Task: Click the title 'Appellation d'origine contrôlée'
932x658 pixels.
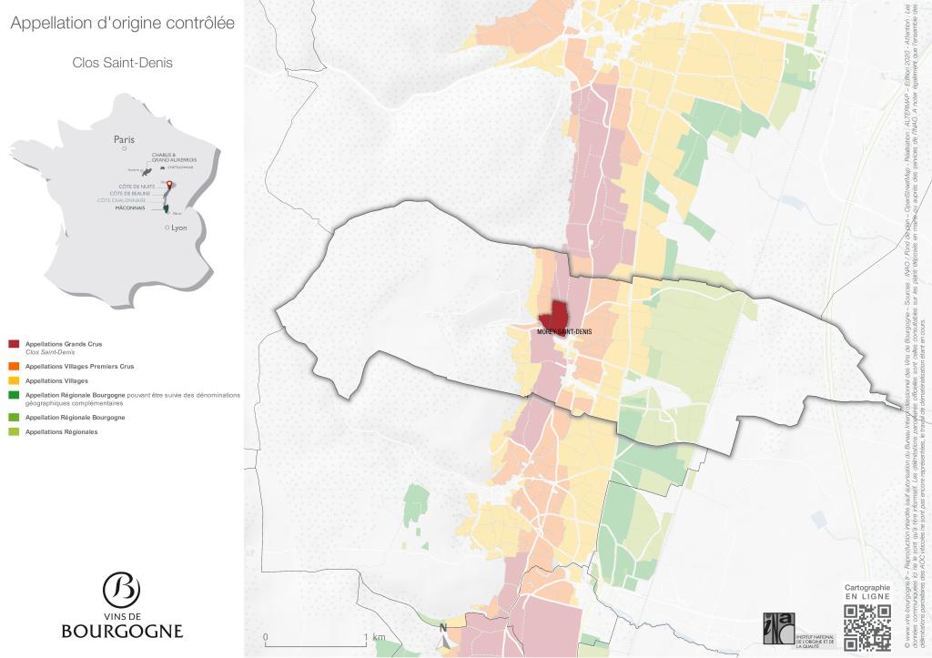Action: [x=122, y=24]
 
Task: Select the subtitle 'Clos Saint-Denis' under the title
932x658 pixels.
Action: [x=122, y=64]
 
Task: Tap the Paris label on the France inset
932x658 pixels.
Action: [x=124, y=139]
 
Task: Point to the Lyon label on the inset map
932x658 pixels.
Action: [x=178, y=228]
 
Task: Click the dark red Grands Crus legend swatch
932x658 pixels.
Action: [x=14, y=343]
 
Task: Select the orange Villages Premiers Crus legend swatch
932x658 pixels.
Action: [x=14, y=366]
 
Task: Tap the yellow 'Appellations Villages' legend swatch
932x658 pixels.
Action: [x=14, y=380]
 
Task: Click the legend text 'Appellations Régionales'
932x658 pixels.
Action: [x=61, y=431]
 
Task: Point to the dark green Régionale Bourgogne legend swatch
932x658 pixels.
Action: [x=14, y=395]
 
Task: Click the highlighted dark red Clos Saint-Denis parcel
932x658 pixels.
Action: [x=554, y=316]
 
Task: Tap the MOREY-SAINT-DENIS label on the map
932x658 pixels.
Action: [x=564, y=332]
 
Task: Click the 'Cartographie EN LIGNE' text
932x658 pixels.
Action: [x=866, y=592]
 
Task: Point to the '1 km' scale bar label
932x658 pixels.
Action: [x=378, y=636]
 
